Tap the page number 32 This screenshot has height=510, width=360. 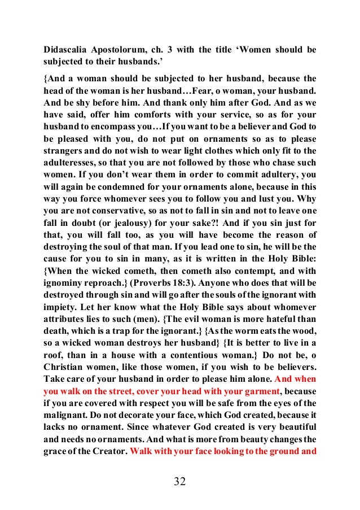click(x=180, y=481)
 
